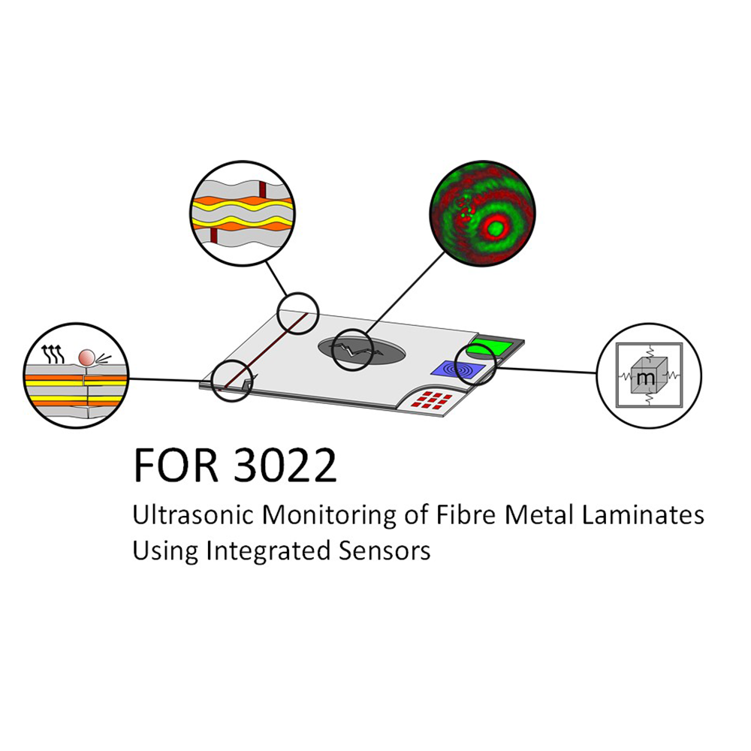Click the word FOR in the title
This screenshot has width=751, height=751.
point(176,465)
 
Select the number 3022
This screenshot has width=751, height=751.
point(285,465)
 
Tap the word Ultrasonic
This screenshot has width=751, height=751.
point(193,515)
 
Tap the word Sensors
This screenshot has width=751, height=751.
point(385,551)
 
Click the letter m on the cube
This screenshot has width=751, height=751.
point(646,378)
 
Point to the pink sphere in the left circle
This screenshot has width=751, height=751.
point(86,357)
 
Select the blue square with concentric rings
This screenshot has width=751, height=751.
point(458,369)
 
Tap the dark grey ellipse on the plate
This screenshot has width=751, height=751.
point(362,351)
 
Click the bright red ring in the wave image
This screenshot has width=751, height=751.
point(495,228)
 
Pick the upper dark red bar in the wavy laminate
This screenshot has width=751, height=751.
point(262,189)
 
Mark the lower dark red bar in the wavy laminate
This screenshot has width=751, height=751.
point(213,235)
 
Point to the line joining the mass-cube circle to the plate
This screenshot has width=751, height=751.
point(546,370)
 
